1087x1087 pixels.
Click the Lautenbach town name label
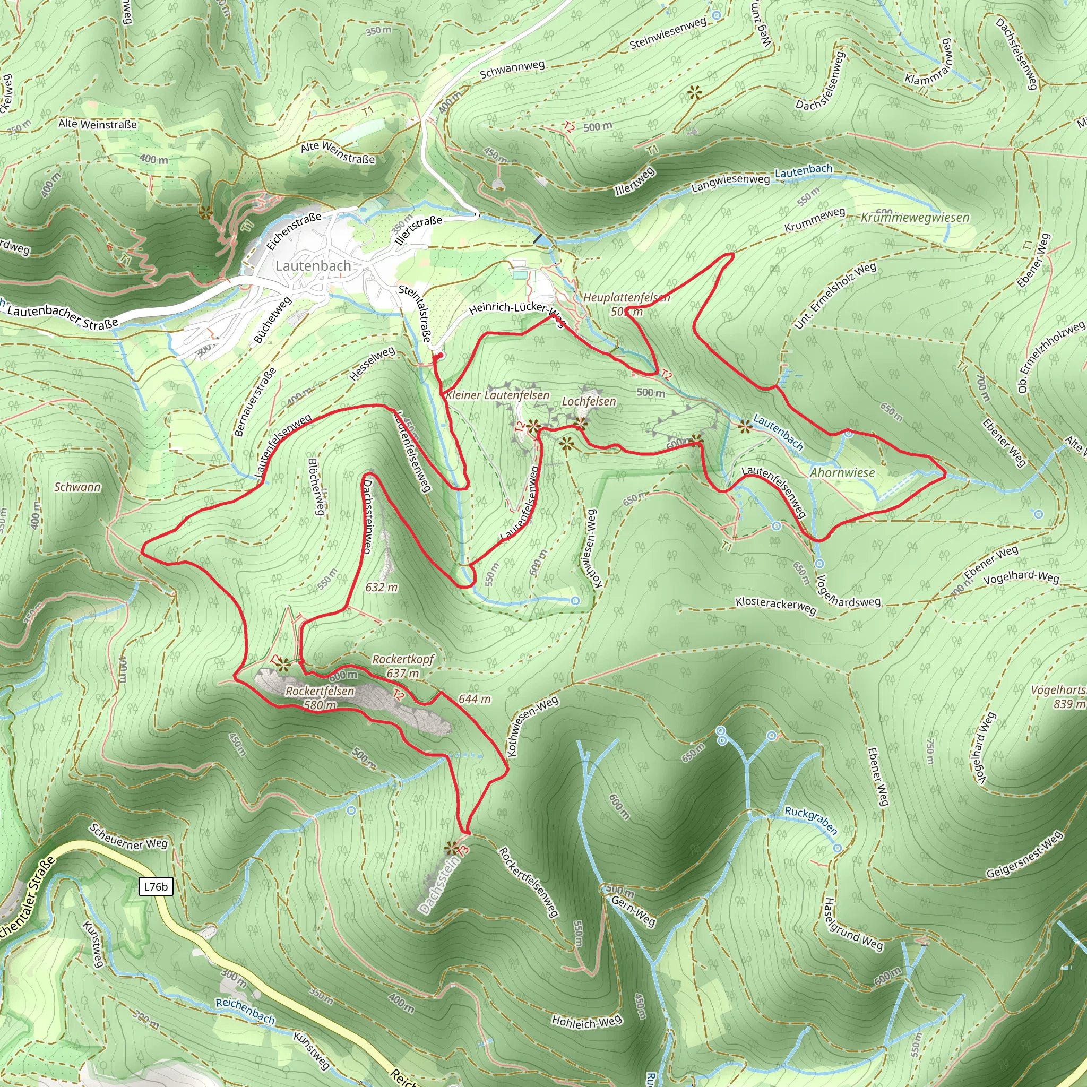pyautogui.click(x=313, y=265)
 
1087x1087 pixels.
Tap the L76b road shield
pyautogui.click(x=156, y=887)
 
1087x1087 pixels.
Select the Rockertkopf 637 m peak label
pyautogui.click(x=403, y=666)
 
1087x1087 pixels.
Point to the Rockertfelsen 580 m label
pyautogui.click(x=320, y=697)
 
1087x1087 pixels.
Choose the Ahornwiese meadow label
pyautogui.click(x=842, y=472)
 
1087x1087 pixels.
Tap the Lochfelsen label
pyautogui.click(x=589, y=401)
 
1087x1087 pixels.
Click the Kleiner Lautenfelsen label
pyautogui.click(x=497, y=395)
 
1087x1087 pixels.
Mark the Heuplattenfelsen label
pyautogui.click(x=626, y=297)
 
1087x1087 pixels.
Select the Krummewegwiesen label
pyautogui.click(x=915, y=218)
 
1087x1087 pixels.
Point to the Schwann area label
pyautogui.click(x=77, y=487)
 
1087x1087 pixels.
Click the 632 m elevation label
pyautogui.click(x=382, y=588)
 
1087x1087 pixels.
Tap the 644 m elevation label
pyautogui.click(x=475, y=699)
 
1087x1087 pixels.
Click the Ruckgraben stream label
pyautogui.click(x=810, y=821)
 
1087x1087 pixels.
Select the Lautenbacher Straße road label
pyautogui.click(x=63, y=317)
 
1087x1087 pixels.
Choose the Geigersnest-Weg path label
pyautogui.click(x=1024, y=854)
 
